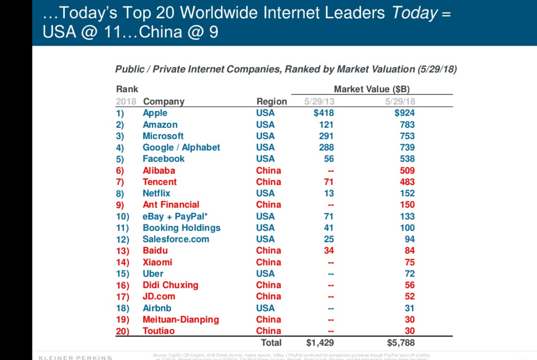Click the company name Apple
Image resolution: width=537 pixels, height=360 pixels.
tap(155, 113)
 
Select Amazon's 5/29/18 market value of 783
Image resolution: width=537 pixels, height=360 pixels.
tap(406, 124)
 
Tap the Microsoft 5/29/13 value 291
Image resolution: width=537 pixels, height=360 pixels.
tap(326, 136)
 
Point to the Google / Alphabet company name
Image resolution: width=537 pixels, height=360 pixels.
tap(181, 147)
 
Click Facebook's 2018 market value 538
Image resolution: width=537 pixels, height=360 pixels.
tap(406, 158)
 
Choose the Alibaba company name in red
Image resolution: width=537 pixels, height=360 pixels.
tap(158, 171)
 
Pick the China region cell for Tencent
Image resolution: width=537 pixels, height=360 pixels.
tap(268, 182)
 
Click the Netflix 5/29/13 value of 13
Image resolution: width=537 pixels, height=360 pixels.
tap(329, 193)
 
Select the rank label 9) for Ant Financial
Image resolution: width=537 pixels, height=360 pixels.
tap(120, 205)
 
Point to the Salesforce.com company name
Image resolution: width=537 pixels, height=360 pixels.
tap(176, 239)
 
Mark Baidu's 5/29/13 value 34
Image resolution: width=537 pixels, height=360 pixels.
tap(328, 250)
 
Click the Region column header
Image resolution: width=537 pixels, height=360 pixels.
tap(272, 101)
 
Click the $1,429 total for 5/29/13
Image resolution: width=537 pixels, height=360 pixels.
tap(319, 343)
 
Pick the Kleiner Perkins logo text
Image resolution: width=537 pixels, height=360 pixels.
tap(75, 357)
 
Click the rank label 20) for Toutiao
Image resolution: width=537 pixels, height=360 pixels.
tap(121, 331)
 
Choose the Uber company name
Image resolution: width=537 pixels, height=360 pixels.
tap(153, 273)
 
